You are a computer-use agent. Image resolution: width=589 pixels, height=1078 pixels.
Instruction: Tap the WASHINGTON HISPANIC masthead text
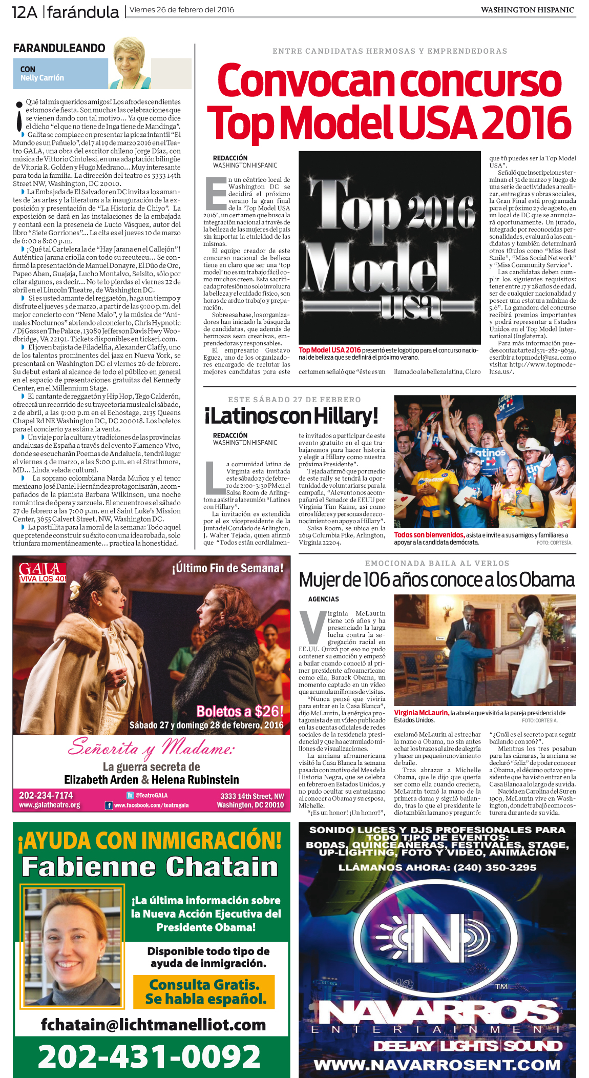527,10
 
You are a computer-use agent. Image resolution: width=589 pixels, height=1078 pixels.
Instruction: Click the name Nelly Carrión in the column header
42,78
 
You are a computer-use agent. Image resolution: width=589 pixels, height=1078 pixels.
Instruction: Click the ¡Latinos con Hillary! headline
291,416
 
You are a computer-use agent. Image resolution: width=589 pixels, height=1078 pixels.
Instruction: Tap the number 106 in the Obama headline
376,580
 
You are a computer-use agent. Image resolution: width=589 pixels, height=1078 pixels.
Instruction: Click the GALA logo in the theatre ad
43,572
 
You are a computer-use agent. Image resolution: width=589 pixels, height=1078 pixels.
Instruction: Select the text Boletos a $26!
240,712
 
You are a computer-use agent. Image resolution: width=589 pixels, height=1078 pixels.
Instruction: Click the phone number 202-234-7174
46,795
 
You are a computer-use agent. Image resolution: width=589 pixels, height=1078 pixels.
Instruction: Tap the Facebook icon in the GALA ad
109,805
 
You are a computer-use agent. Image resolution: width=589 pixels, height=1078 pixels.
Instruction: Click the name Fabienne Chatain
150,867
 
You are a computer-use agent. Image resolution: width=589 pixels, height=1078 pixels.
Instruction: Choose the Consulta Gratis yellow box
204,991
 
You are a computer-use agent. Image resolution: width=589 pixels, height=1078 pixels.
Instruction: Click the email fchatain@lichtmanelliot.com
153,1025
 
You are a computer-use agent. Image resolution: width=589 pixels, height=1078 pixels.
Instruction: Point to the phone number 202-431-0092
150,1056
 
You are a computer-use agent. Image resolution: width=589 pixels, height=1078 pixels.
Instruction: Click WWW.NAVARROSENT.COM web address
437,1065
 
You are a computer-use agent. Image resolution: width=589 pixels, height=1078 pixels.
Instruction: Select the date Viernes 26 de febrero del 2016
182,10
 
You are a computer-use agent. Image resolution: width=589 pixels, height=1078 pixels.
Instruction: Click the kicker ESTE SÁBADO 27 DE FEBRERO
294,400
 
